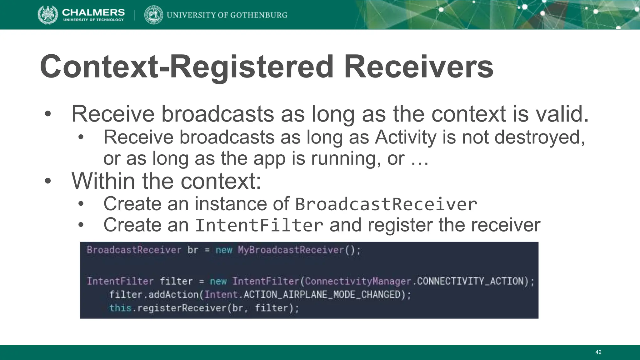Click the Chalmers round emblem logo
tap(48, 15)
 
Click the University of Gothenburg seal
tap(153, 15)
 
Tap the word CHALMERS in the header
tap(93, 12)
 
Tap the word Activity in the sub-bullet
tap(405, 137)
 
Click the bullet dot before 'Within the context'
tap(47, 181)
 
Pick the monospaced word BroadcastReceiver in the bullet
tap(386, 204)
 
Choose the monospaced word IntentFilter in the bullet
tap(259, 225)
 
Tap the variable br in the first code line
tap(193, 250)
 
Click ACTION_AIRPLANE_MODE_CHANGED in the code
tap(322, 295)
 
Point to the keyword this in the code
tap(120, 308)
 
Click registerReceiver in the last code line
tap(182, 308)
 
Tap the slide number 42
tap(598, 352)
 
